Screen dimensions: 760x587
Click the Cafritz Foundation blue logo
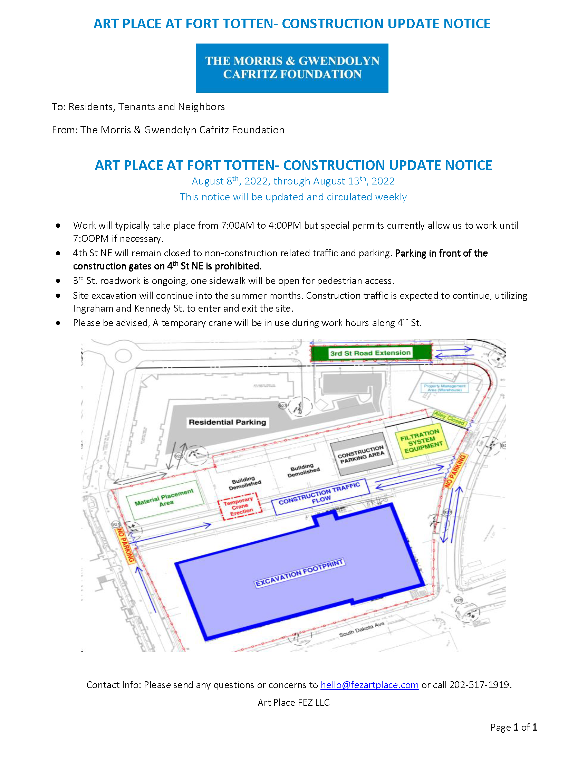tap(292, 68)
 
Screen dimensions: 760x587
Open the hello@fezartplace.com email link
tap(369, 685)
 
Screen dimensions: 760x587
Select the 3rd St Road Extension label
tap(371, 353)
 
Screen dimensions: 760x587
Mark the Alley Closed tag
tap(449, 418)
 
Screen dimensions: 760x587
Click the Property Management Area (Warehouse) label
tap(444, 388)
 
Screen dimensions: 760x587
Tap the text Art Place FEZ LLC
tap(293, 702)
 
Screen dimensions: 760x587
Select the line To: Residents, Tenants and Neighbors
tap(138, 106)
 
